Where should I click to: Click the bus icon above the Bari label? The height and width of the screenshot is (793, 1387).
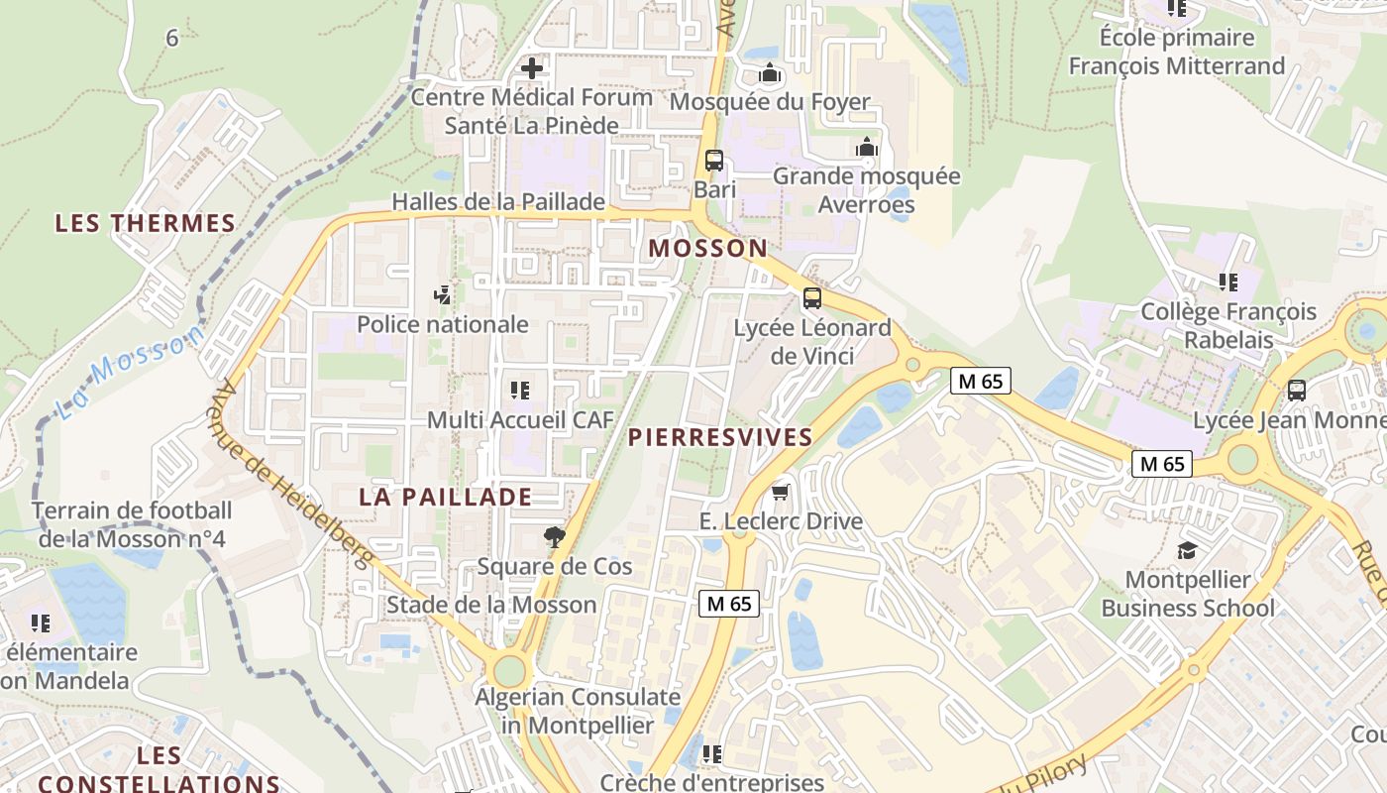coord(713,160)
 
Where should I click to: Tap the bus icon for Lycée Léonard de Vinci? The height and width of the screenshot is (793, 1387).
coord(812,297)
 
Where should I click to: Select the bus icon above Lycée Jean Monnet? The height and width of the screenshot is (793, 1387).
coord(1297,391)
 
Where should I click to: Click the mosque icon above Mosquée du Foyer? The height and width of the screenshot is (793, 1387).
coord(770,73)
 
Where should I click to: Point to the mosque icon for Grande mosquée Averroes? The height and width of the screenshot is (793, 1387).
coord(867,148)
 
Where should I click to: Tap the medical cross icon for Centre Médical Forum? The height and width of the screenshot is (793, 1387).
coord(532,68)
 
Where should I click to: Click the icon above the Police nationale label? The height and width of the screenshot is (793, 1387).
coord(443,294)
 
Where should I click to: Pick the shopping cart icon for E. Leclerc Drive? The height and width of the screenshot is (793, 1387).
coord(781,492)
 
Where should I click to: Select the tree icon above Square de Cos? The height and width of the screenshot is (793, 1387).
coord(555,537)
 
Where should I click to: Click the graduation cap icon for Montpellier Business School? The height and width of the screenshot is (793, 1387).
coord(1187,550)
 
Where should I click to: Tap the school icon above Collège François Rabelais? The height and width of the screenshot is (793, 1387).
coord(1228,283)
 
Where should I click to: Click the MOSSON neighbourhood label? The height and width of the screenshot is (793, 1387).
coord(708,249)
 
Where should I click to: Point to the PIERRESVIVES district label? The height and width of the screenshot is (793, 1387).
coord(720,437)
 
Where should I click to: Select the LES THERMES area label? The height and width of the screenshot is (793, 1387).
coord(146,223)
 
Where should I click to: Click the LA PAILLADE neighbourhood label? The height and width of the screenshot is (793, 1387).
coord(446,497)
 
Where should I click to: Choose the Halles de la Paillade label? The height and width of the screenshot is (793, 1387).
coord(498,201)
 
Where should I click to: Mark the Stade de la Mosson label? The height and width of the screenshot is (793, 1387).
coord(491,605)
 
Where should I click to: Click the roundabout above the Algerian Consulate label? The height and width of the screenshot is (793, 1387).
coord(509,671)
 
